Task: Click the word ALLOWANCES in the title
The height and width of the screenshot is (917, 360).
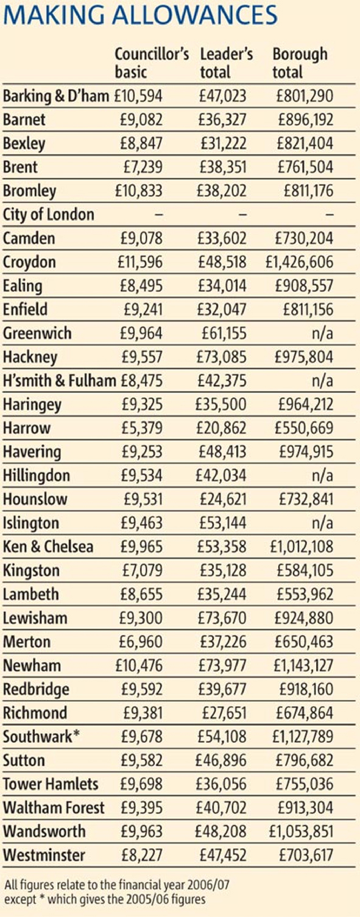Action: click(195, 15)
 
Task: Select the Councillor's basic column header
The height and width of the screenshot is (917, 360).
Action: click(152, 63)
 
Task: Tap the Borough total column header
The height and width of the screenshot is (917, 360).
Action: click(300, 63)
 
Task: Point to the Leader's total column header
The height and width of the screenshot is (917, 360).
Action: click(226, 63)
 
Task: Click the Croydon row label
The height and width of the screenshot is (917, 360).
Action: click(29, 263)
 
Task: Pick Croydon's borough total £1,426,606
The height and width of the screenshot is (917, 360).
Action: click(299, 262)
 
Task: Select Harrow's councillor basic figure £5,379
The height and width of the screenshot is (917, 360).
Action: click(142, 428)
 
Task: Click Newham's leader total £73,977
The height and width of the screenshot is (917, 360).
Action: click(222, 665)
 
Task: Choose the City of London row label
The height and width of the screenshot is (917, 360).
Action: click(48, 215)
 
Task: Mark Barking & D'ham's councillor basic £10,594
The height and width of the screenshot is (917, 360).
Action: click(138, 96)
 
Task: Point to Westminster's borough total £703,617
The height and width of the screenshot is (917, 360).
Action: click(306, 855)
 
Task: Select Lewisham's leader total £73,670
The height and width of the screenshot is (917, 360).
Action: click(222, 618)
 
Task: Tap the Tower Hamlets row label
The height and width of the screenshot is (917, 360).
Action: click(51, 784)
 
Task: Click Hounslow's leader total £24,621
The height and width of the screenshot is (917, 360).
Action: click(223, 500)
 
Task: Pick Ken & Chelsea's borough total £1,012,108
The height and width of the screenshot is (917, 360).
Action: click(302, 547)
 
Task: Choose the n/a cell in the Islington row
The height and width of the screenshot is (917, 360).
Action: click(322, 523)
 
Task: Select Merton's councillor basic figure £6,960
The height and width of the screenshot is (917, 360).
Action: click(141, 642)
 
